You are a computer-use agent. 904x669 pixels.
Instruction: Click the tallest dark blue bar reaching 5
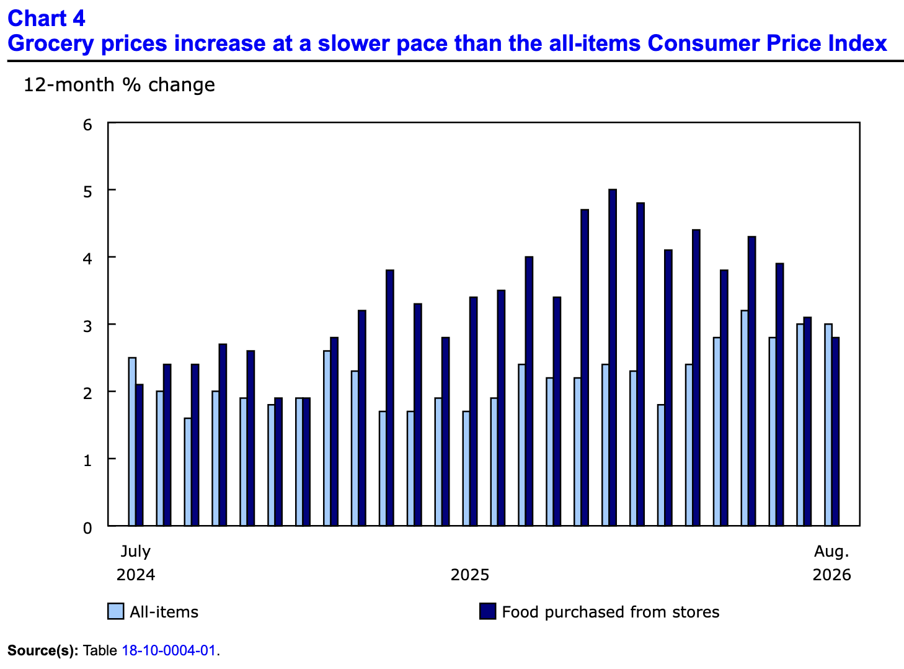612,357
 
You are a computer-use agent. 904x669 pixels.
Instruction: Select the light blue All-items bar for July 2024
132,441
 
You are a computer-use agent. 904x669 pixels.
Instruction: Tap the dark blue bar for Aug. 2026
835,431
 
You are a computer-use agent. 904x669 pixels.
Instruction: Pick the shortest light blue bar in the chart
188,472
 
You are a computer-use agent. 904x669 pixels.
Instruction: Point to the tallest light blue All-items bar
745,418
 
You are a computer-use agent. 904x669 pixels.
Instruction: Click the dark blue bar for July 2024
140,455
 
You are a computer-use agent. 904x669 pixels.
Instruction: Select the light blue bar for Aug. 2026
828,424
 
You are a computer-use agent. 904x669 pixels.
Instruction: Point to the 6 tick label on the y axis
87,125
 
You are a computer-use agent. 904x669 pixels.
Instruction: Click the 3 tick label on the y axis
87,326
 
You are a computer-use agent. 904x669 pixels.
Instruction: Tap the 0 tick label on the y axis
87,528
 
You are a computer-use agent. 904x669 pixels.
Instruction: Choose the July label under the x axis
136,552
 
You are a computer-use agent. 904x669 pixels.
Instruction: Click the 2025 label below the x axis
469,575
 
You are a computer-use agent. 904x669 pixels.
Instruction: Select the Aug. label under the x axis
831,552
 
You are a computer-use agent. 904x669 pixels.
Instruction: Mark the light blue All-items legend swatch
116,611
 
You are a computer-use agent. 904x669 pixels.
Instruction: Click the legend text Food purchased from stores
611,612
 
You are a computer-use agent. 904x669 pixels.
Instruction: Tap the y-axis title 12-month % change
119,85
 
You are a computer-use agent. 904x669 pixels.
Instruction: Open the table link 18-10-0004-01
168,650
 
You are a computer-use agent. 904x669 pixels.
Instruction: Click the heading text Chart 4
47,19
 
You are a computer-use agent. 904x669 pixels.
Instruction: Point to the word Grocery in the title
51,43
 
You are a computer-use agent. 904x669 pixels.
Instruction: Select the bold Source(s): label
43,650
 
